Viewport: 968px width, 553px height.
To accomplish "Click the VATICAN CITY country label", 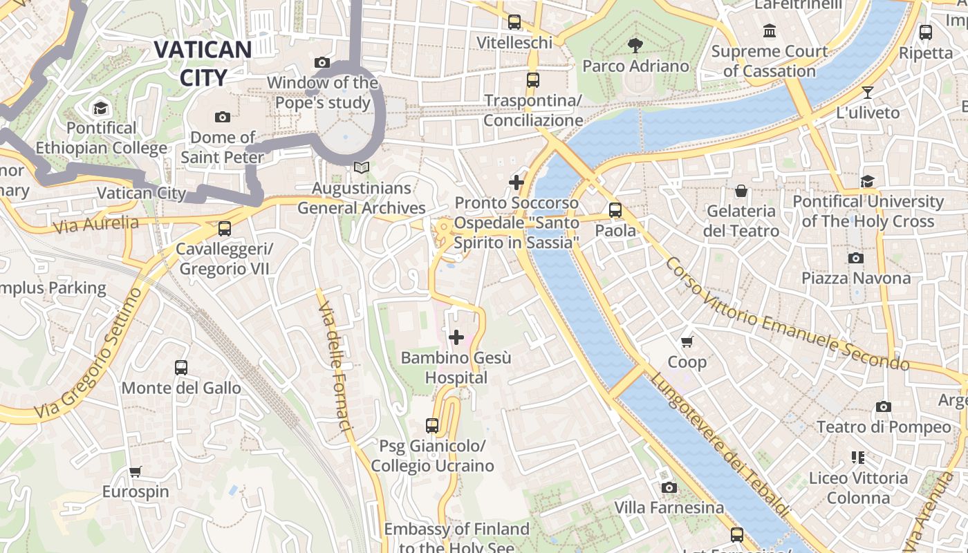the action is [x=203, y=63].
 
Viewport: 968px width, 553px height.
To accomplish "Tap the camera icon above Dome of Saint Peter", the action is [x=222, y=117].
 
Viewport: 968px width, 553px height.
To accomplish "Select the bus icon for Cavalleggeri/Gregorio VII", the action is [x=224, y=229].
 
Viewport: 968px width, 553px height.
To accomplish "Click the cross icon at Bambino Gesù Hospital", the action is [x=456, y=337].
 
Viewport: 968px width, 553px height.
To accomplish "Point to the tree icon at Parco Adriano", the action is [x=635, y=46].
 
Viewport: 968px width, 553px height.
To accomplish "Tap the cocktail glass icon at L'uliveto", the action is [x=868, y=92].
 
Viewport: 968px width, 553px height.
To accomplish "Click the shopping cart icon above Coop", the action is [x=687, y=341].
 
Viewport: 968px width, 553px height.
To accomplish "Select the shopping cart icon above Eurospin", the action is [x=136, y=471].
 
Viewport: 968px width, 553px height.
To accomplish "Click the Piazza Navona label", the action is [x=855, y=278].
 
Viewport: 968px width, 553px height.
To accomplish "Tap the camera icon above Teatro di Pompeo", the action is [x=883, y=406].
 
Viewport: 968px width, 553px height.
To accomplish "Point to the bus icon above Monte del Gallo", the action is [x=181, y=367].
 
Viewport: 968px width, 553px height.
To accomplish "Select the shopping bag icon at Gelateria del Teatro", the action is [x=741, y=190].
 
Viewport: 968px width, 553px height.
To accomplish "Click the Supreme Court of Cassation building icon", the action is [x=770, y=31].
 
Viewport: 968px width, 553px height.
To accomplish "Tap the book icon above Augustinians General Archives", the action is [x=361, y=167].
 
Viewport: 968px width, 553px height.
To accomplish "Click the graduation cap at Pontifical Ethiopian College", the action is [x=101, y=108].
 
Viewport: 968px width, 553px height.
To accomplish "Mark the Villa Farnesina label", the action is [x=669, y=507].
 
